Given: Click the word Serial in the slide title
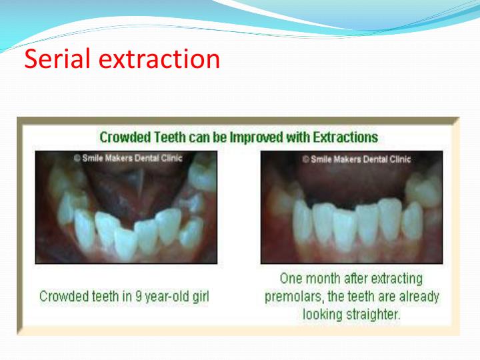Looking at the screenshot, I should [x=58, y=59].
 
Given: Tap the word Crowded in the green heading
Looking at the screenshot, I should [x=124, y=138].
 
